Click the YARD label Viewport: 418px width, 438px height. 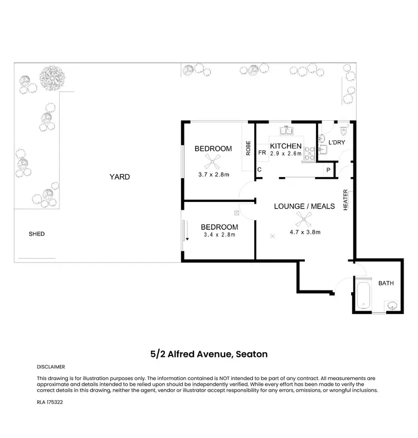click(119, 177)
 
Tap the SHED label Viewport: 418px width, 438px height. click(37, 234)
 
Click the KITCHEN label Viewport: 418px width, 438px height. click(286, 146)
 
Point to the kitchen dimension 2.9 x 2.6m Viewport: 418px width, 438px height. click(286, 154)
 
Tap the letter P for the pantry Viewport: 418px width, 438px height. click(328, 170)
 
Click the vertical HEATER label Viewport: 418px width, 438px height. click(346, 199)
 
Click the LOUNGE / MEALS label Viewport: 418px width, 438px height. click(304, 206)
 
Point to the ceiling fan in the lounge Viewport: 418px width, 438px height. click(303, 219)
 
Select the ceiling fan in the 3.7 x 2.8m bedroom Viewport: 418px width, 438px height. click(213, 161)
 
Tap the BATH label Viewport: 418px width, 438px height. click(386, 283)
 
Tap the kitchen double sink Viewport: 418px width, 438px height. click(289, 131)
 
